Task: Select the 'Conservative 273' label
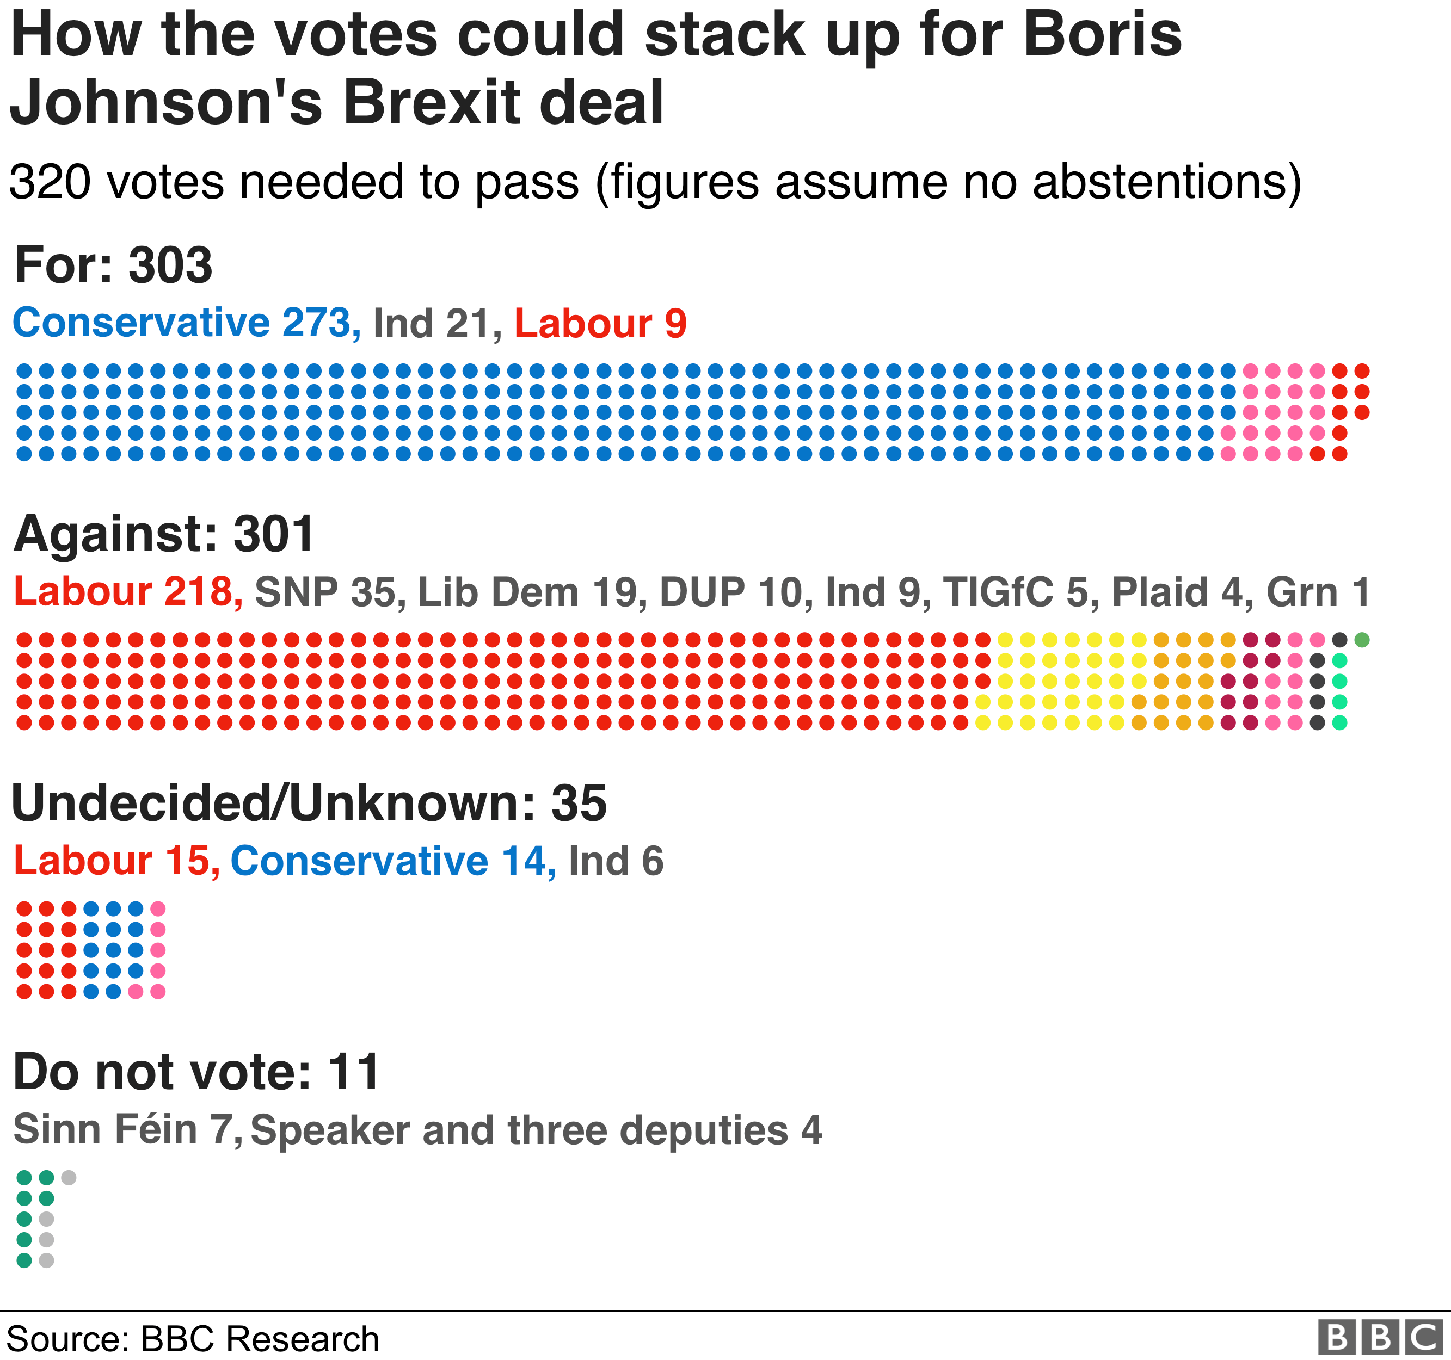pyautogui.click(x=182, y=323)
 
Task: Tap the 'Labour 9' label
pyautogui.click(x=600, y=324)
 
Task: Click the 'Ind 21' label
pyautogui.click(x=432, y=324)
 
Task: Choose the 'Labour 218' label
pyautogui.click(x=124, y=592)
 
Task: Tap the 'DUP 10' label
pyautogui.click(x=731, y=592)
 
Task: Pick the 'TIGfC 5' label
pyautogui.click(x=1019, y=592)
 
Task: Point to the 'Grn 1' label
pyautogui.click(x=1318, y=592)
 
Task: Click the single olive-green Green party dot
pyautogui.click(x=1361, y=640)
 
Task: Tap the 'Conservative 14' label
pyautogui.click(x=390, y=861)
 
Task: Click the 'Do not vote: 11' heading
pyautogui.click(x=196, y=1072)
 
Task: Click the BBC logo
pyautogui.click(x=1380, y=1337)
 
